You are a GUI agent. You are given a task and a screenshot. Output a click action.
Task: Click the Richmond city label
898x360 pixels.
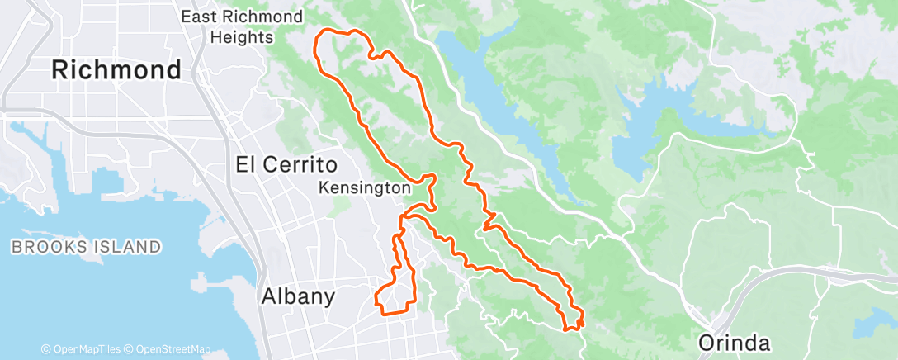pos(116,69)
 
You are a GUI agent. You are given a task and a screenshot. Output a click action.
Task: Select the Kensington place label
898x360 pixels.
pos(364,187)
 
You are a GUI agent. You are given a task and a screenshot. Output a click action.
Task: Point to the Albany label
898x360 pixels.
pos(298,296)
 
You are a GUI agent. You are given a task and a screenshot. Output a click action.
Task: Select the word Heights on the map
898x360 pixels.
pos(241,37)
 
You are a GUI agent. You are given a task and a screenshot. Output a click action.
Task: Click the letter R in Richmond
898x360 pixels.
pos(61,69)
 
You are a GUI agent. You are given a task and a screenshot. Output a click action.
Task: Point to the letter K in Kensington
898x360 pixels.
pos(324,187)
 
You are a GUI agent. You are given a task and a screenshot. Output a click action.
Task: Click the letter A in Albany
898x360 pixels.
pos(268,296)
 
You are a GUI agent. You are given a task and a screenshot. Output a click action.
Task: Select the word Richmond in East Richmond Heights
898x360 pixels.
pos(265,17)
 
